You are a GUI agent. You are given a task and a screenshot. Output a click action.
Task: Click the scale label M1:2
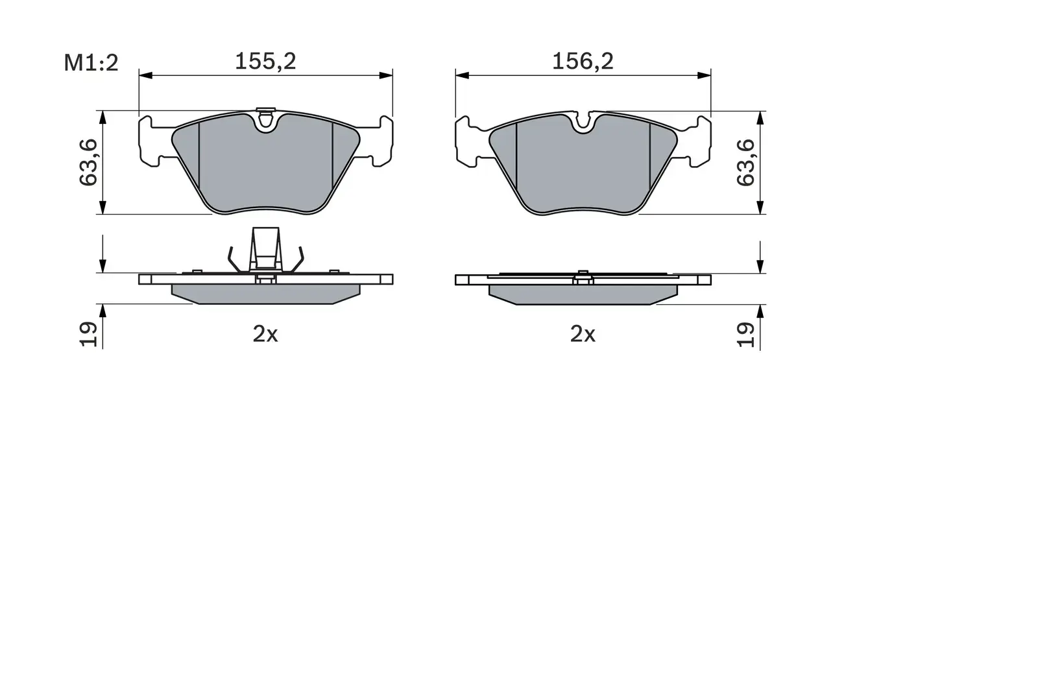click(x=91, y=63)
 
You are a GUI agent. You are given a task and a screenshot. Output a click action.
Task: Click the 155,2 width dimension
click(x=265, y=61)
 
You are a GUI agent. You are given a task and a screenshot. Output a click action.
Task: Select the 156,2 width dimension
click(x=583, y=61)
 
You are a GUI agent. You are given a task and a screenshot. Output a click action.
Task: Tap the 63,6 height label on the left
click(x=89, y=162)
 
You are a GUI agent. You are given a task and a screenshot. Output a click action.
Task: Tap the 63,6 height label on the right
click(x=746, y=162)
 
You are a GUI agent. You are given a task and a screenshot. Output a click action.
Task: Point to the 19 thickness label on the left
click(x=89, y=334)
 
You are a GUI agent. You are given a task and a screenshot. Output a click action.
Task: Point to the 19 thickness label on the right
click(x=746, y=334)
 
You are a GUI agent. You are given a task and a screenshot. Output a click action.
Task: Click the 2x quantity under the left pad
click(x=265, y=334)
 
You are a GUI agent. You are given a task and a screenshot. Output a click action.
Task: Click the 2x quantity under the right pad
click(x=583, y=334)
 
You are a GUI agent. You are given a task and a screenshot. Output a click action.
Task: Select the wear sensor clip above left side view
click(x=265, y=250)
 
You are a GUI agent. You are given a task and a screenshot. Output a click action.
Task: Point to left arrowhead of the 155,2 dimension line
click(x=144, y=76)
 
